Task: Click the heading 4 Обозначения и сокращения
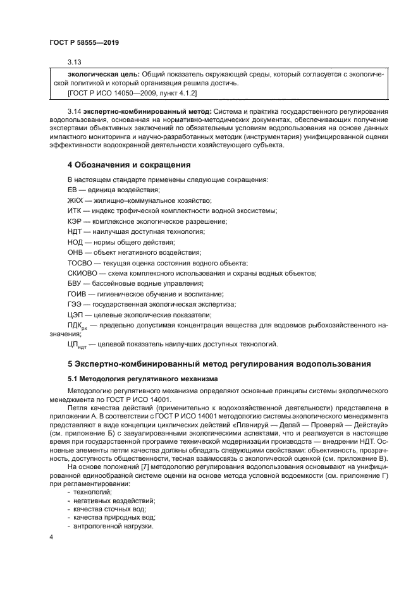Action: pyautogui.click(x=129, y=165)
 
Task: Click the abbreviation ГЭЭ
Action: pyautogui.click(x=74, y=304)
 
